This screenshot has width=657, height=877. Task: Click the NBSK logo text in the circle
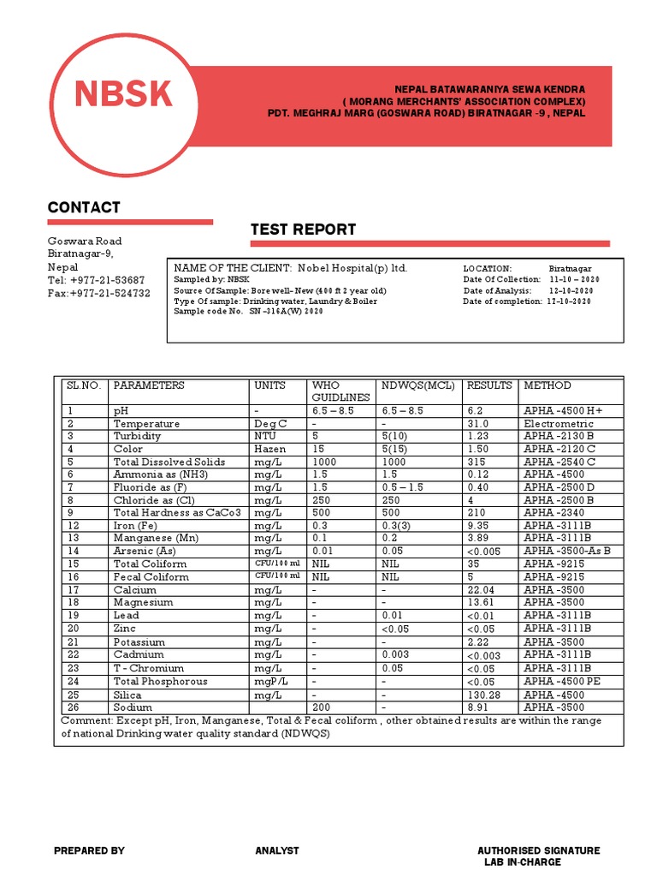point(123,94)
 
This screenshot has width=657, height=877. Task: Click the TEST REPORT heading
point(303,230)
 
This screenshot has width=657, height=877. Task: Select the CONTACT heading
point(84,207)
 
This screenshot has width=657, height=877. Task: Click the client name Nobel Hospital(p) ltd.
point(352,268)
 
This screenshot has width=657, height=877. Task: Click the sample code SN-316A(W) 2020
point(287,312)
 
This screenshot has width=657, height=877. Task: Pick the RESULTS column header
point(489,385)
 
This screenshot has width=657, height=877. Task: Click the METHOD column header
point(547,385)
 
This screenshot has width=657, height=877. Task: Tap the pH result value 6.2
point(475,411)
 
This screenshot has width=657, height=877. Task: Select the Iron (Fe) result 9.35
point(477,525)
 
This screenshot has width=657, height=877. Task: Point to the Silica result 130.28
point(482,695)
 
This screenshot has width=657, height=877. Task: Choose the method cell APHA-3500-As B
point(567,551)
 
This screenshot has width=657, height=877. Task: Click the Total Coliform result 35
point(472,564)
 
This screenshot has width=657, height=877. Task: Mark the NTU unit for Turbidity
point(265,436)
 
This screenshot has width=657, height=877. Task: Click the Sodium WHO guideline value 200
point(322,707)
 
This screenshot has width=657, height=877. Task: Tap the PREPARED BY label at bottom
point(89,850)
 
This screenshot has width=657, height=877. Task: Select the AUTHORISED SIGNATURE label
point(538,850)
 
